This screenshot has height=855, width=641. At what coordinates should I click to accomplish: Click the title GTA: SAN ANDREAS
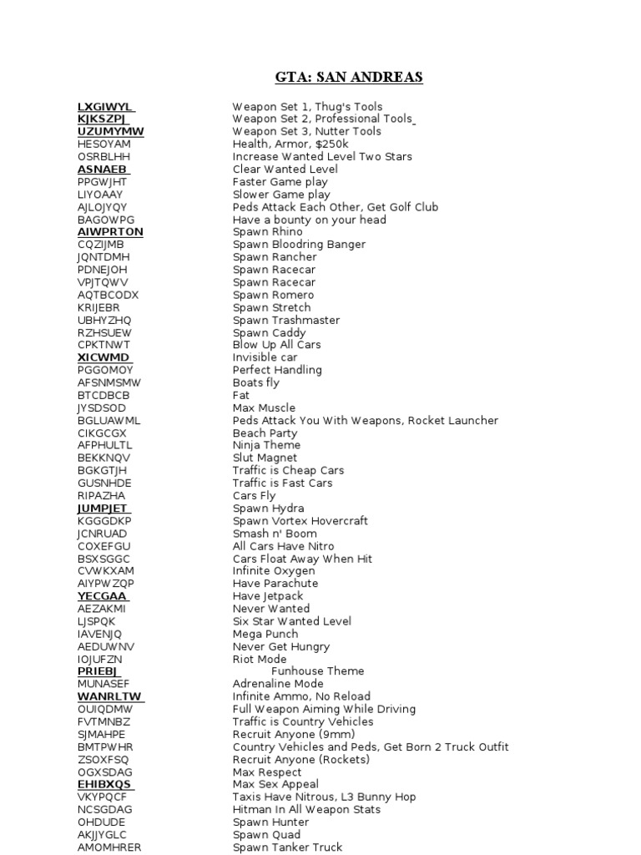click(349, 78)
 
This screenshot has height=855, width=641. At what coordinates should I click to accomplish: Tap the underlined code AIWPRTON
click(110, 232)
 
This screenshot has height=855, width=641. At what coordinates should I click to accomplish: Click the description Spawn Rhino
click(268, 232)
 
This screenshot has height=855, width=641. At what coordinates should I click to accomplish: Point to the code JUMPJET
click(103, 508)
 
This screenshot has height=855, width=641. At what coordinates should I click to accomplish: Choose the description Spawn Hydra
click(268, 508)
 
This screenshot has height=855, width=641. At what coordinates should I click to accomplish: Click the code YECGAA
click(102, 596)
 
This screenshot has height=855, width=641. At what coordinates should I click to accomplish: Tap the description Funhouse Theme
click(318, 671)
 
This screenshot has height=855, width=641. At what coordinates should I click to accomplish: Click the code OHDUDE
click(101, 822)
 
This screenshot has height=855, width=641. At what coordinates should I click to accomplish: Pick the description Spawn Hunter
click(270, 822)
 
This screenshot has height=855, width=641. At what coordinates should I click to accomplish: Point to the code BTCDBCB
click(103, 395)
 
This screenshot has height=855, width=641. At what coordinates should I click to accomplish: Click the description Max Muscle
click(264, 407)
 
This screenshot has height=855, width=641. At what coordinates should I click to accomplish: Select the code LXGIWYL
click(104, 106)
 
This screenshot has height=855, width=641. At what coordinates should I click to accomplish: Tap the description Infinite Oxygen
click(274, 571)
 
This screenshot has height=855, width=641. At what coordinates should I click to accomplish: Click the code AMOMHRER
click(109, 847)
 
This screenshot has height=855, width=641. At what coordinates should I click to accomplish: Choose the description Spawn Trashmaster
click(286, 320)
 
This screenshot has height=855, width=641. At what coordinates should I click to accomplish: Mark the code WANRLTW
click(109, 696)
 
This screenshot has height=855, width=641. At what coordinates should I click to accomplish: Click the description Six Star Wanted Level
click(291, 621)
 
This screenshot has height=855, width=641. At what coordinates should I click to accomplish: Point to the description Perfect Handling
click(277, 370)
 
